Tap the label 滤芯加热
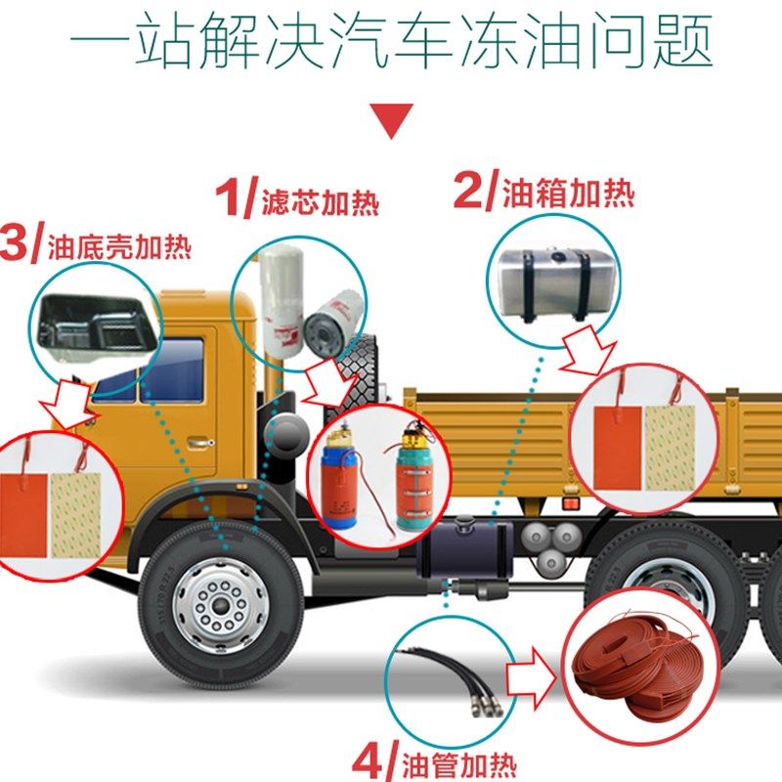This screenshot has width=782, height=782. (319, 202)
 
